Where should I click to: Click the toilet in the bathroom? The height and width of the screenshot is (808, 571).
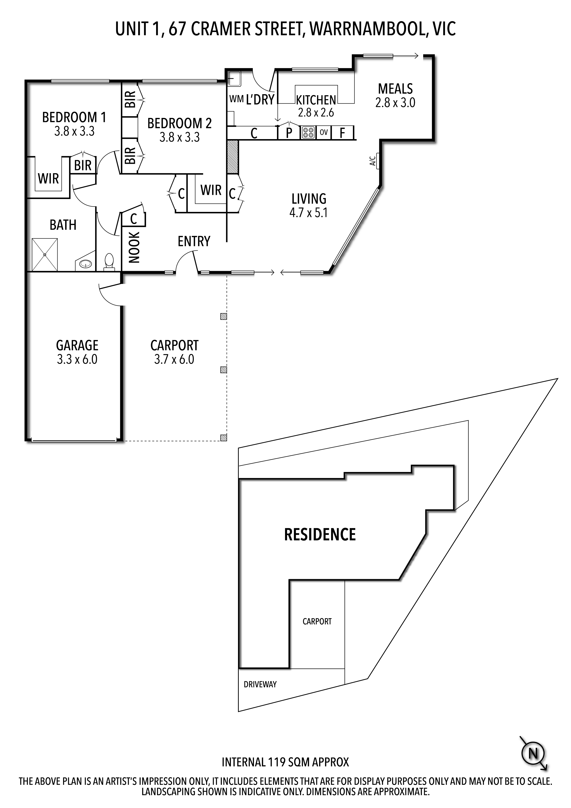click(x=109, y=262)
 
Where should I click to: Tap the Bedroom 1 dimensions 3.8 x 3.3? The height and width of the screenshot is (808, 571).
click(x=74, y=131)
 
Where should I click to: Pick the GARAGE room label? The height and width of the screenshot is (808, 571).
click(x=77, y=345)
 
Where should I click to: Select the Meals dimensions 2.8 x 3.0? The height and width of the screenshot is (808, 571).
click(x=395, y=103)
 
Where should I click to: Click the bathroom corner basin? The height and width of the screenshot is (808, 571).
click(x=85, y=263)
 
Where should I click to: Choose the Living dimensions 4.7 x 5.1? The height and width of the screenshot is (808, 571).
click(x=309, y=213)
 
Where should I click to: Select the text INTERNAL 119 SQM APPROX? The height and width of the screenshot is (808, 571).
click(x=285, y=762)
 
